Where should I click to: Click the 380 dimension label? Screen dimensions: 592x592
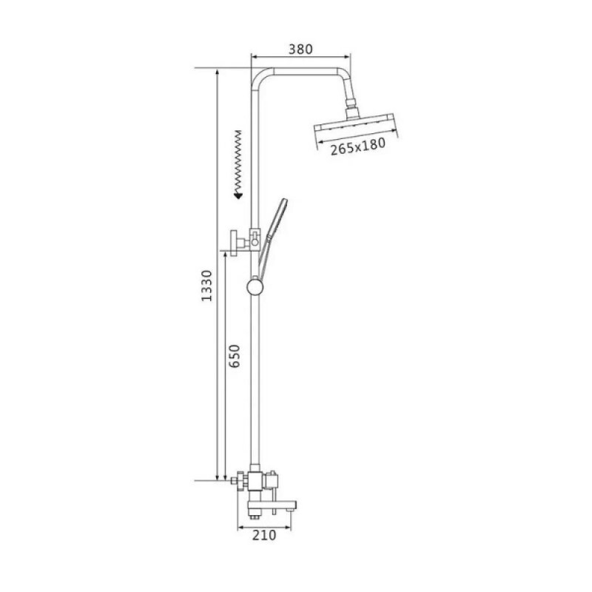pos(300,49)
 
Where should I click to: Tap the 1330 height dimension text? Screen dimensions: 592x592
pos(207,286)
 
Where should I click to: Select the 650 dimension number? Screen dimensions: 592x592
pos(235,356)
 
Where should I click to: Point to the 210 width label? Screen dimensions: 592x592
pos(264,535)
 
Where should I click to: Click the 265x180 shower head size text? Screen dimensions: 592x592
pos(358,147)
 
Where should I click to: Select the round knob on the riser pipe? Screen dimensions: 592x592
pos(256,287)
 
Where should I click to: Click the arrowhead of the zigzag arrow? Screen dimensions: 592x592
pos(238,195)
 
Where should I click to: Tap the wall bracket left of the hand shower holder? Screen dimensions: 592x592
pos(238,243)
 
